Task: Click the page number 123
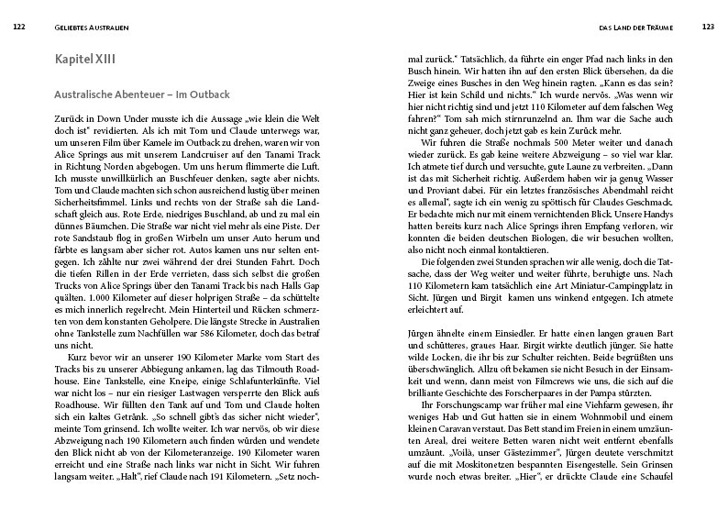point(707,26)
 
